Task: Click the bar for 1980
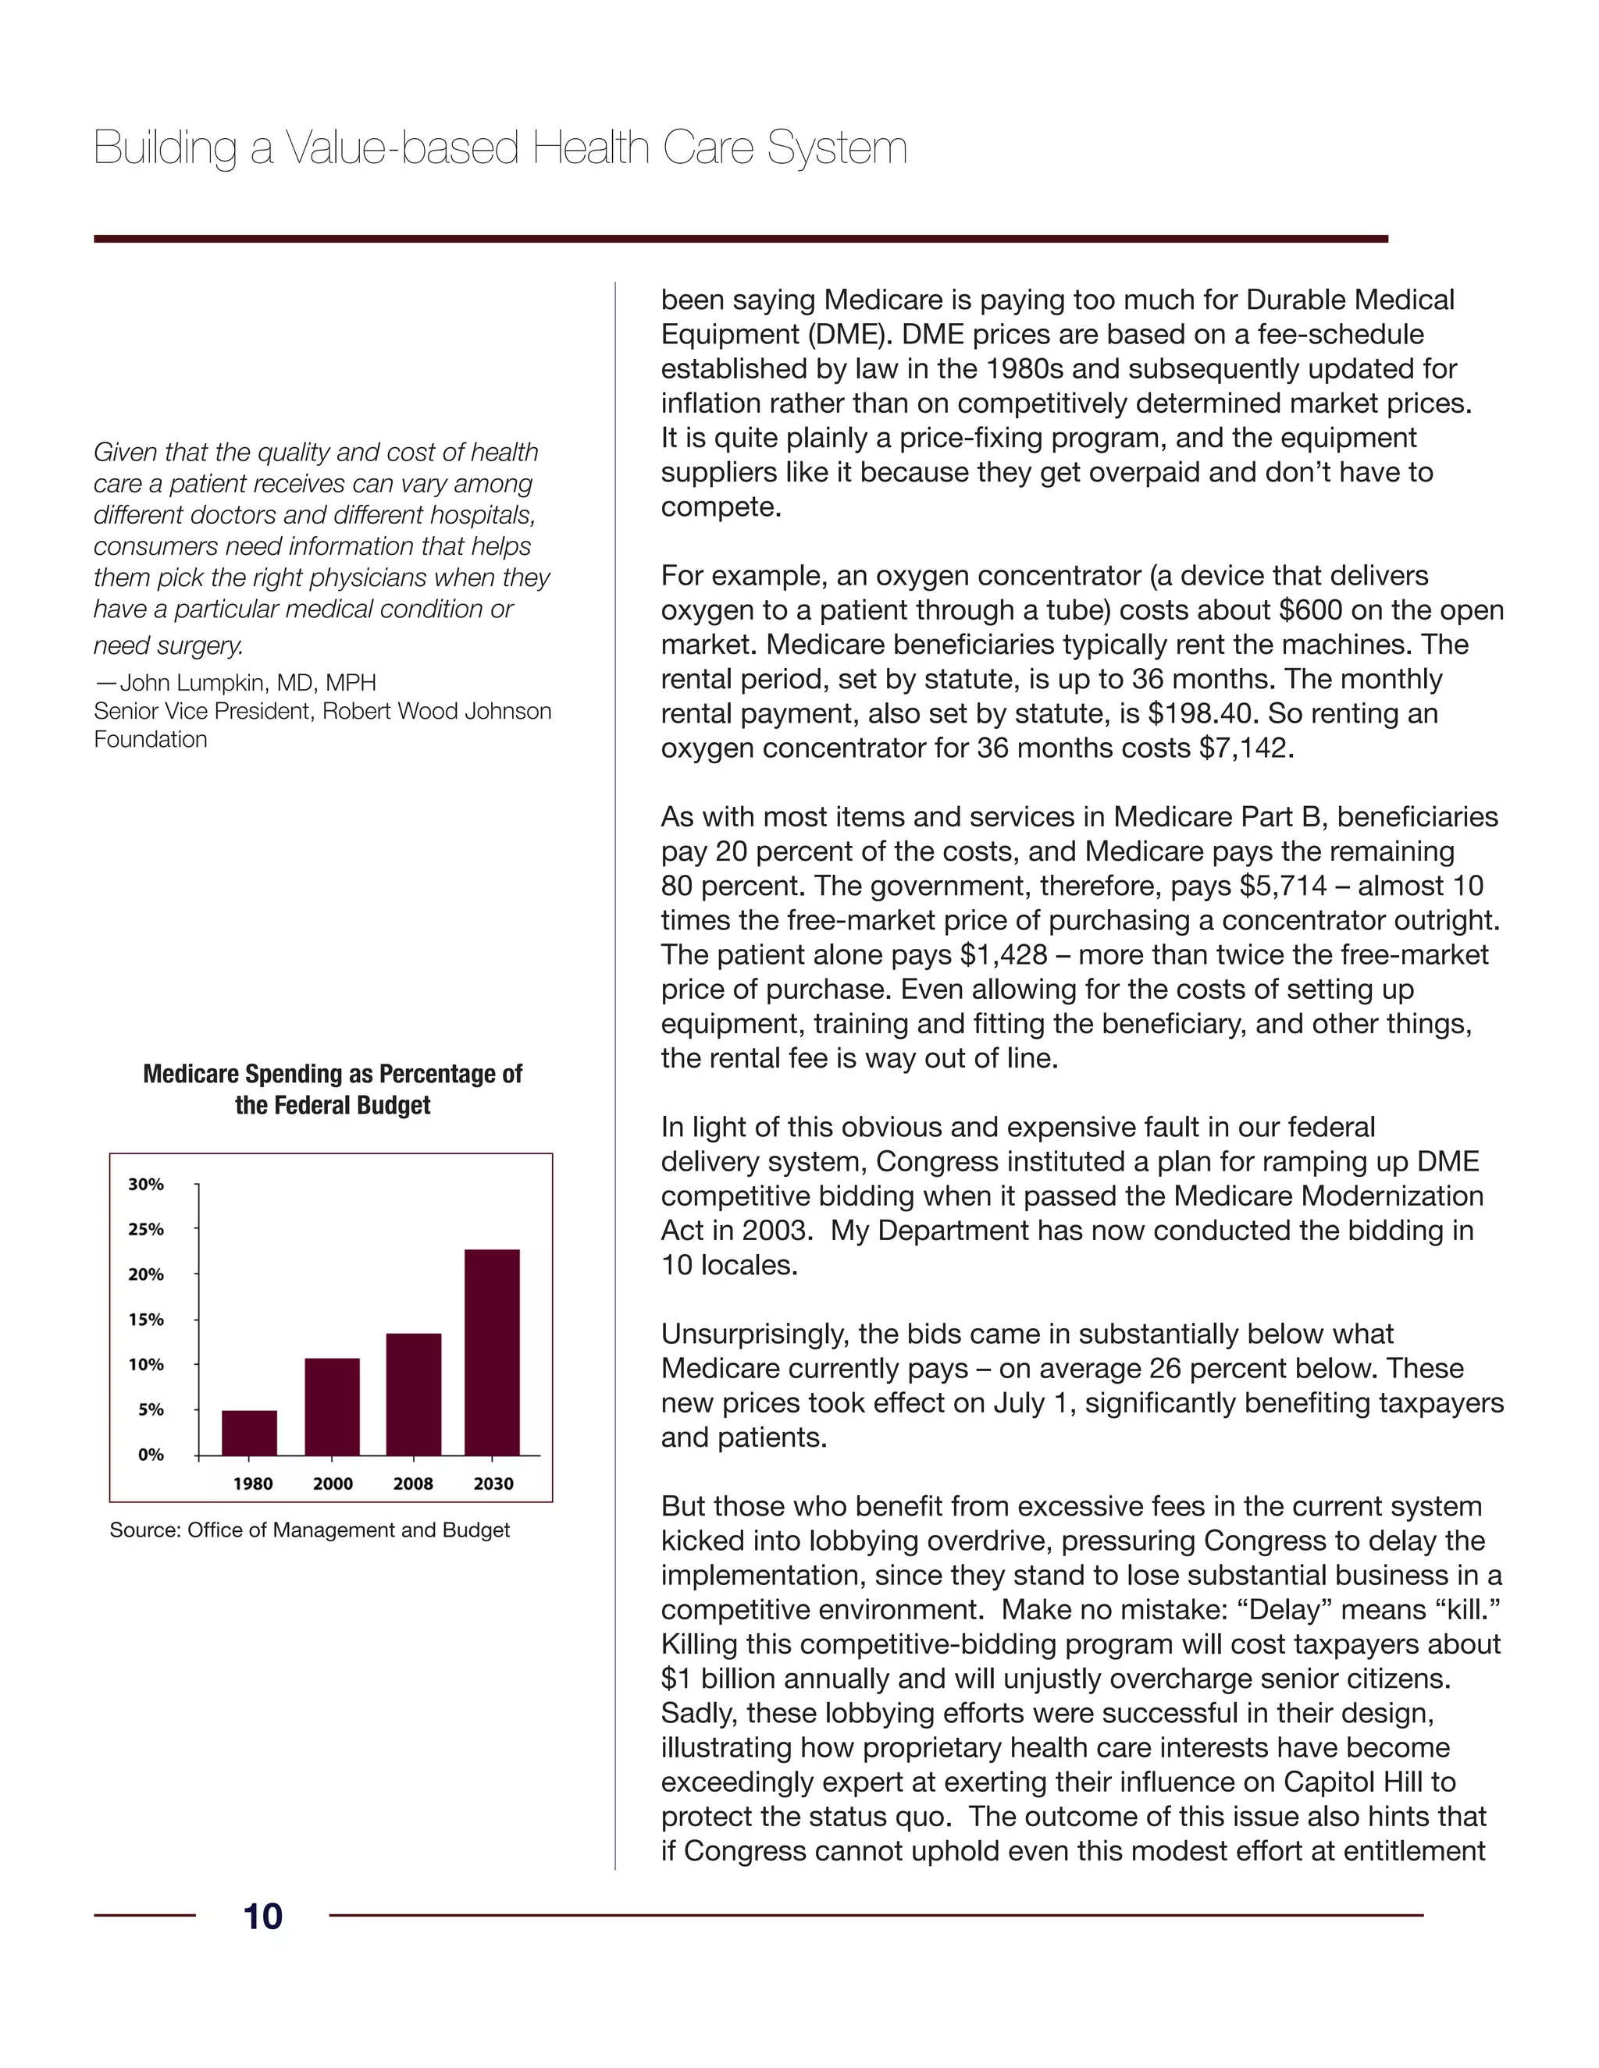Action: coord(249,1433)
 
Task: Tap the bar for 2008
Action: coord(413,1394)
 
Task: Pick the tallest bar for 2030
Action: coord(492,1352)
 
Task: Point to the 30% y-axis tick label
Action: coord(146,1185)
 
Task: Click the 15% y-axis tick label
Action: coord(146,1320)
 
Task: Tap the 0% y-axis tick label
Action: coord(151,1455)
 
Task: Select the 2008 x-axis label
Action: coord(413,1483)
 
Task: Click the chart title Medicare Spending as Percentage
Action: coord(332,1074)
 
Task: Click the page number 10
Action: coord(262,1917)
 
